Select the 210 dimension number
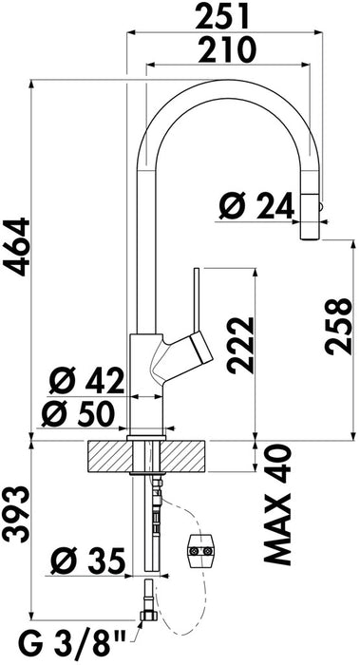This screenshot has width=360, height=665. [x=227, y=50]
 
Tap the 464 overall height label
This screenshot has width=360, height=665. [x=17, y=247]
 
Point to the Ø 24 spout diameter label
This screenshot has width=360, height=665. [x=256, y=205]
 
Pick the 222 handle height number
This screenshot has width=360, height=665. [x=240, y=345]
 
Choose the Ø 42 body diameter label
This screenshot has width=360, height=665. [x=86, y=380]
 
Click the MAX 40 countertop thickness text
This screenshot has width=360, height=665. [x=278, y=504]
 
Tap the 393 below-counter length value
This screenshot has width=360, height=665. [x=16, y=514]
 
